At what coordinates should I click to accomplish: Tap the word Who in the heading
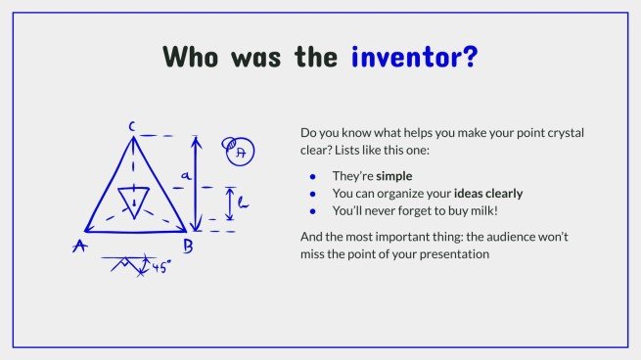coord(191,57)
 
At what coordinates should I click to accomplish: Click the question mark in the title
coord(470,57)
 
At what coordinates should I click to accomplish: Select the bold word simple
coord(394,176)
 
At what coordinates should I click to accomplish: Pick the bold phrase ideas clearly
coord(488,194)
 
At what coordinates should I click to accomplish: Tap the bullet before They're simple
coord(313,176)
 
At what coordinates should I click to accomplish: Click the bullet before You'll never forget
coord(313,211)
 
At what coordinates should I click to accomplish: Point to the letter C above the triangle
coord(132,126)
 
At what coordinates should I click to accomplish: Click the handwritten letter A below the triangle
coord(80,246)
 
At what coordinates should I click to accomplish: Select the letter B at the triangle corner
coord(188,247)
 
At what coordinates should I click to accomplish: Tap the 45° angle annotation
coord(161,267)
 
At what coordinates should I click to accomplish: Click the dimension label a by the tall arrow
coord(186,176)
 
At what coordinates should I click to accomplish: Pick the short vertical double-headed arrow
coord(230,203)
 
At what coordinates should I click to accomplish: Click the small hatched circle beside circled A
coord(229,144)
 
